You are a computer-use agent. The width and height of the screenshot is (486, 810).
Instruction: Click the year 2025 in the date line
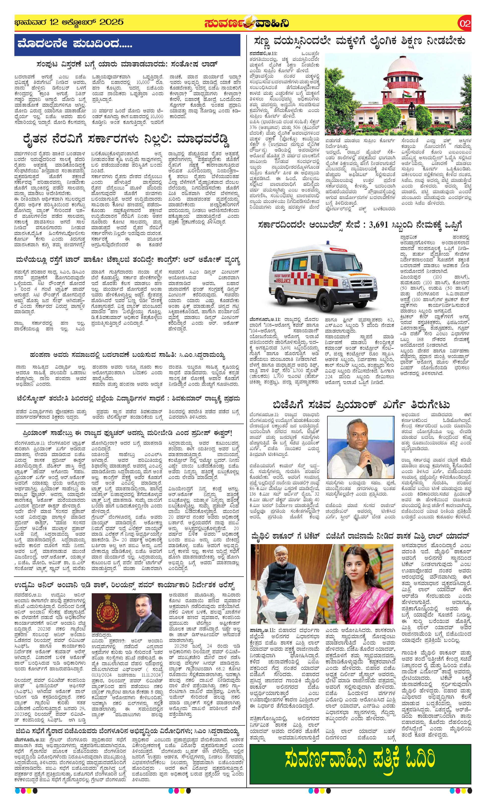(111, 22)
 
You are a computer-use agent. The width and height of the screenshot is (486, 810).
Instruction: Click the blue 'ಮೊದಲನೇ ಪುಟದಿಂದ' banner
(127, 44)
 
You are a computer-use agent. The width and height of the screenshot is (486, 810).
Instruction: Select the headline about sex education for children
(360, 42)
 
